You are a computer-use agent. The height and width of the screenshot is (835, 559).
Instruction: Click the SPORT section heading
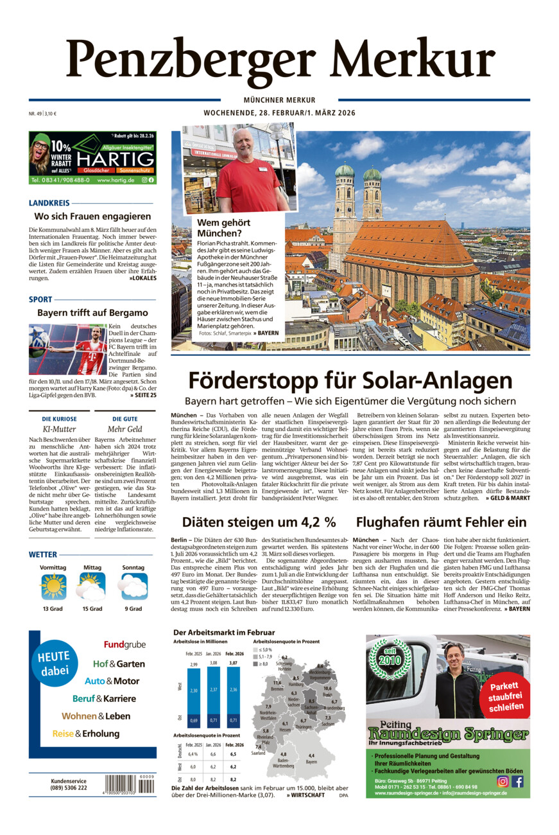(x=40, y=299)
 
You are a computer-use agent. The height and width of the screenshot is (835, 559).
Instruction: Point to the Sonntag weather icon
(x=133, y=586)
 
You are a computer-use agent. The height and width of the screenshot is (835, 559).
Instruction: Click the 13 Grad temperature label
(x=53, y=608)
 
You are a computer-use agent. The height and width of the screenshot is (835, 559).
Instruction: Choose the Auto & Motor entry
(x=112, y=681)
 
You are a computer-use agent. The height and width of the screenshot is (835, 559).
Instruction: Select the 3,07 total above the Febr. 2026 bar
(x=232, y=662)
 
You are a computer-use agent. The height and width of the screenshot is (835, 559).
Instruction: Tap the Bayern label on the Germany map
(x=311, y=761)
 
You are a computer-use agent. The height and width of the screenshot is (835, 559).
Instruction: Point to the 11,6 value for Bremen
(x=277, y=683)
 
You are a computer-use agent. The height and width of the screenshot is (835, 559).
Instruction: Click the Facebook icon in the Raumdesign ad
(x=517, y=781)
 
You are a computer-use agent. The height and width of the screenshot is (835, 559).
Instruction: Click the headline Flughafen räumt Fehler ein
(x=442, y=522)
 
